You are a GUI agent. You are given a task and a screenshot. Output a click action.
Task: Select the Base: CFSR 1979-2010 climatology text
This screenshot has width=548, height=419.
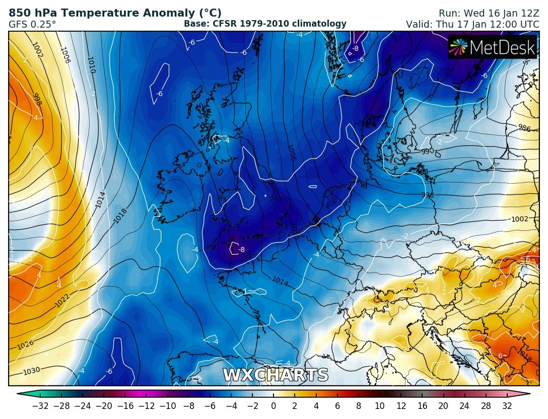[265, 24]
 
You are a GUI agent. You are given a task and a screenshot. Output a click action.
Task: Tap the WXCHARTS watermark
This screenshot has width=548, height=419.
[276, 375]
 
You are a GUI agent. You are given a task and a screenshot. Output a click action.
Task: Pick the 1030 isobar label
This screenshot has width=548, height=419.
[31, 371]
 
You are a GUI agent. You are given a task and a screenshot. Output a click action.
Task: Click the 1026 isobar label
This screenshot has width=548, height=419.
[25, 346]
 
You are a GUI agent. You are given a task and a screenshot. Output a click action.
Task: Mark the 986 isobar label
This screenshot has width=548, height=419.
[524, 128]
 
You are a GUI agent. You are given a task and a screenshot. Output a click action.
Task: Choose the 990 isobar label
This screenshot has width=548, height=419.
[427, 151]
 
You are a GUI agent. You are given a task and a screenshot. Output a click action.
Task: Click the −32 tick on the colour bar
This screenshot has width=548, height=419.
[40, 406]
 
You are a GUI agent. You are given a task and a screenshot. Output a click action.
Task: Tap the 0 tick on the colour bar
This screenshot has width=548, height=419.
[273, 406]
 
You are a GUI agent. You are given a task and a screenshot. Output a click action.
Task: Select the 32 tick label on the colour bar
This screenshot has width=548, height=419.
[507, 406]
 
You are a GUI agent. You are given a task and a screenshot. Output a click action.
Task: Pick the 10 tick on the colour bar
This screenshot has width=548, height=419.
[380, 406]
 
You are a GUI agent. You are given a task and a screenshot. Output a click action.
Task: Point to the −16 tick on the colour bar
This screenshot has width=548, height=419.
[125, 406]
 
